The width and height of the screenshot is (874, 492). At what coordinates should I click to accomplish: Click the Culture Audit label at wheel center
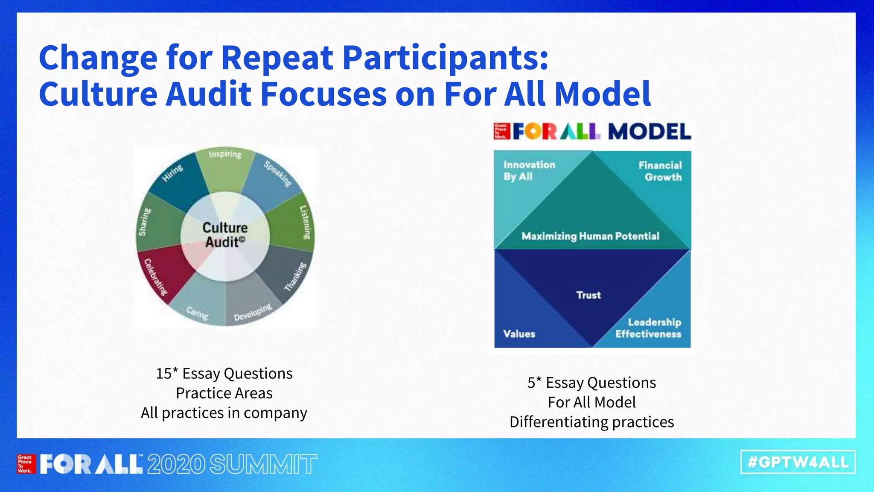coord(225,235)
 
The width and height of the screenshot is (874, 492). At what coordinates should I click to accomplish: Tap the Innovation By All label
coord(529,170)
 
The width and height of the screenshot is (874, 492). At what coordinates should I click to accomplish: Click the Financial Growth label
coord(660,171)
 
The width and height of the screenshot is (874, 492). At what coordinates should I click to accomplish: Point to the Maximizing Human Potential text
coord(590,236)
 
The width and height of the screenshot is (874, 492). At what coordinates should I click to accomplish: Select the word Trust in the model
coord(588,295)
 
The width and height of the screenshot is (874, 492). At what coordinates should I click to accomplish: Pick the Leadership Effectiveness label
coord(649,328)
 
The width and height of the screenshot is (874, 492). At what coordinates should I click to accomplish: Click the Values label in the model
coord(519,334)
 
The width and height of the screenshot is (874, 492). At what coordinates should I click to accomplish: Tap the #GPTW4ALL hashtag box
coord(798,462)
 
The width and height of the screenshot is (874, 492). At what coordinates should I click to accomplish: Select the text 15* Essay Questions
coord(224,374)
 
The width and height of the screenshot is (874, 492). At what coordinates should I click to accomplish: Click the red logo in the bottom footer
coord(25,464)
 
